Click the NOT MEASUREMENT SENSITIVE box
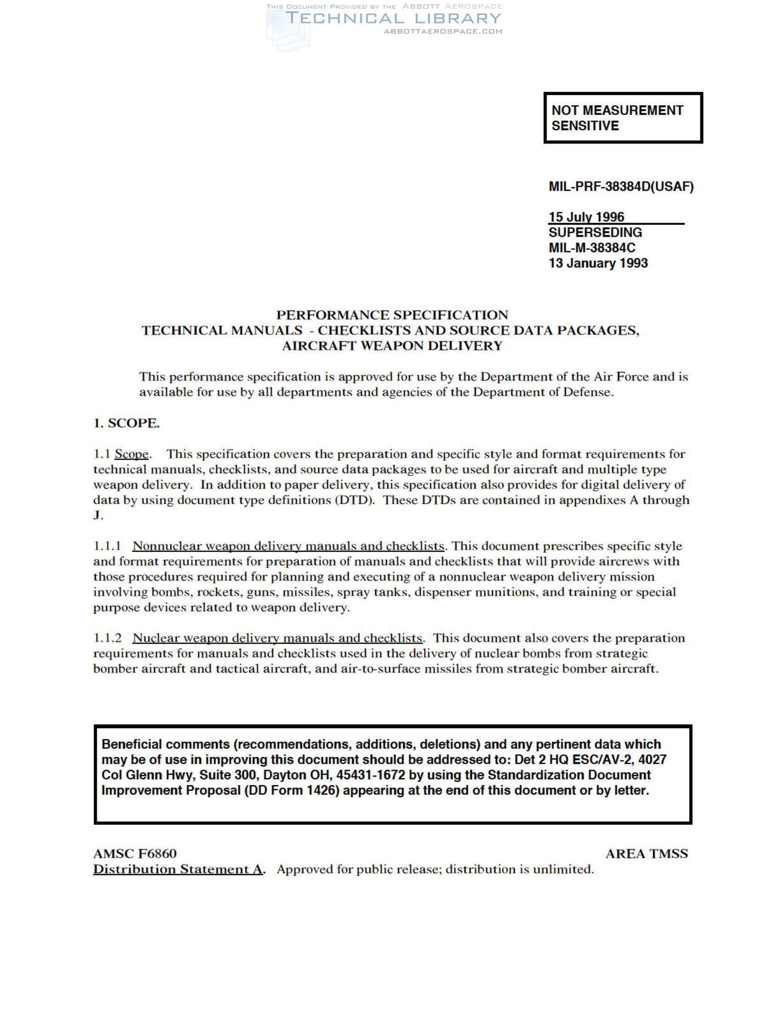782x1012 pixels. point(623,118)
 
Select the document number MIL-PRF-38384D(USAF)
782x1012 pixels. point(621,187)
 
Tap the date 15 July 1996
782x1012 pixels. point(586,217)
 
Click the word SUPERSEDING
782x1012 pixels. point(595,232)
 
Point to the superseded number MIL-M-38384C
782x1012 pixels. point(592,247)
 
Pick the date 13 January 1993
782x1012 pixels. point(598,263)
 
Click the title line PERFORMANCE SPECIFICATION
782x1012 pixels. point(392,315)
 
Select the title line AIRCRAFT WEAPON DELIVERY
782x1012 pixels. point(392,345)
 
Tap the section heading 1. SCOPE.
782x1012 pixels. point(126,423)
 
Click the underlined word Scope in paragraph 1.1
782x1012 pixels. point(132,454)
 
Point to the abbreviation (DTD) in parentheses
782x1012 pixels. point(354,500)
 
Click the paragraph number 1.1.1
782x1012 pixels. point(107,546)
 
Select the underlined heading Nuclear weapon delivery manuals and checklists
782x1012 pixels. point(277,638)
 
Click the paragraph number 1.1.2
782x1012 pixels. point(107,638)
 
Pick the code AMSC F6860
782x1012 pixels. point(135,853)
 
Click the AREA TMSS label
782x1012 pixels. point(646,853)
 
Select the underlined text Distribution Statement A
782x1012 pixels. point(178,869)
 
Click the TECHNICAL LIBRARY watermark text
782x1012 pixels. point(393,18)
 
